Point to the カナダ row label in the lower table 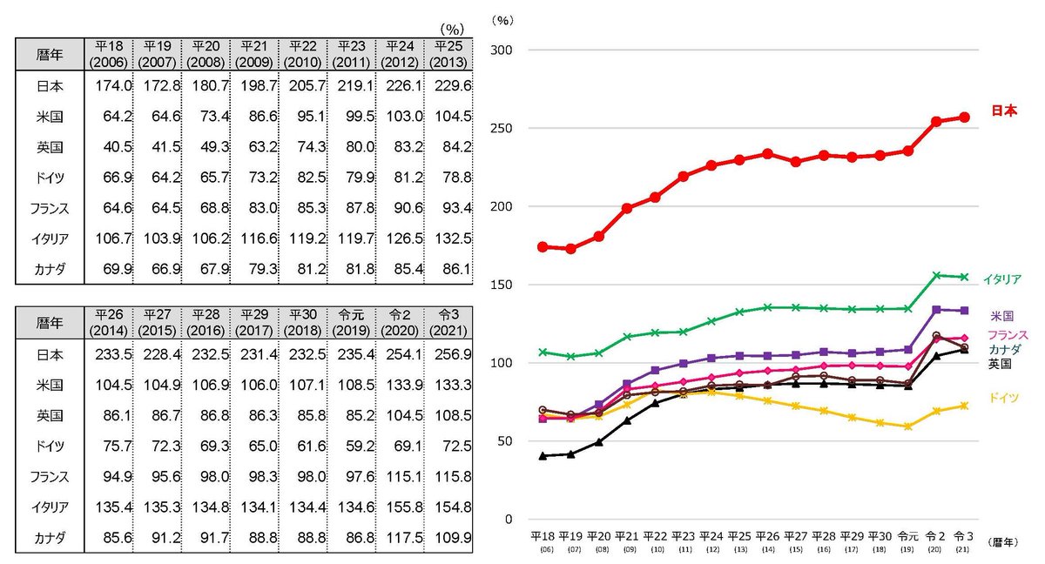(51, 538)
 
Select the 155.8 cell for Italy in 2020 (400, 507)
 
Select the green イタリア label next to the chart (1001, 279)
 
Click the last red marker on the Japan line (963, 117)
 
